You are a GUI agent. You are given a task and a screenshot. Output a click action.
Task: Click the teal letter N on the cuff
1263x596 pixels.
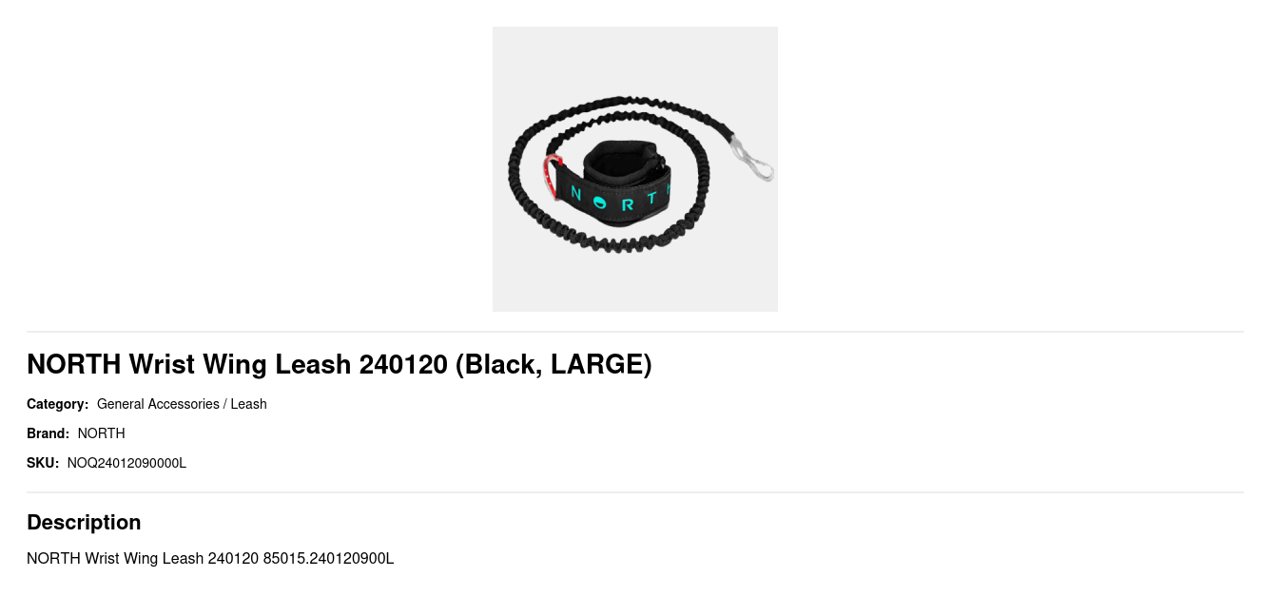(575, 193)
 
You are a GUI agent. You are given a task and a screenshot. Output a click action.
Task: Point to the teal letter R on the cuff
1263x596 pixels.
(627, 205)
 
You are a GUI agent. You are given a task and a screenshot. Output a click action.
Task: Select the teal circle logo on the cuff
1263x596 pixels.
(600, 202)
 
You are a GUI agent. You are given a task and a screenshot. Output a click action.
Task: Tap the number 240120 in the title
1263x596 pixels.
(403, 364)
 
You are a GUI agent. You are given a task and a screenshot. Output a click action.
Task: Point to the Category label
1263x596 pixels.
(57, 405)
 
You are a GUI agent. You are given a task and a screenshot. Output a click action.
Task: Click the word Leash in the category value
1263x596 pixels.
(248, 404)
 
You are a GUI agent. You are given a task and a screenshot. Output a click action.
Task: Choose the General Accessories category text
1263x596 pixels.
(158, 404)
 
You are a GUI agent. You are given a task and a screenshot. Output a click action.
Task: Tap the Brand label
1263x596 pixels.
(48, 433)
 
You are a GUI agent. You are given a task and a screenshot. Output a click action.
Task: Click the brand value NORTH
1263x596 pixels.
(102, 433)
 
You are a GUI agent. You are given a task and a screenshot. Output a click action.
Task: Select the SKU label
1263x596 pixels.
(43, 463)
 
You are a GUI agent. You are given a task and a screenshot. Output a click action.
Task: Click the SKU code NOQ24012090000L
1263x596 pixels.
(126, 463)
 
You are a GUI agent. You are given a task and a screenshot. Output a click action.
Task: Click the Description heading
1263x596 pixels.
(84, 522)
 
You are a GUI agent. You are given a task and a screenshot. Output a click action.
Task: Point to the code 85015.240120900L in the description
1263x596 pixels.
(328, 558)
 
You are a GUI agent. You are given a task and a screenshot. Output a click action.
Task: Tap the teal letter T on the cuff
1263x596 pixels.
(652, 198)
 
